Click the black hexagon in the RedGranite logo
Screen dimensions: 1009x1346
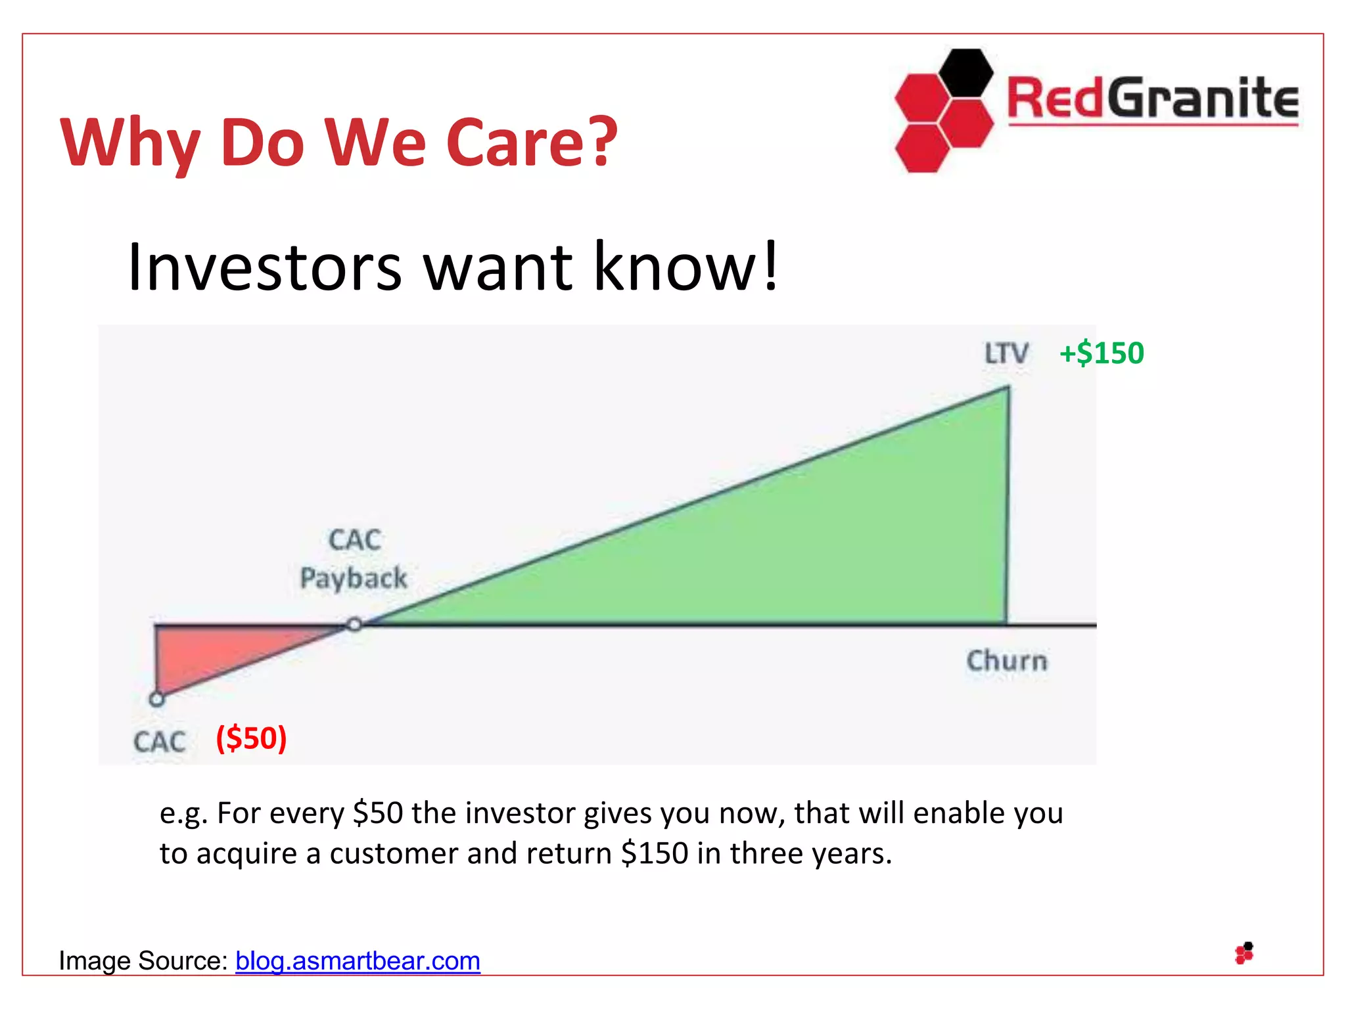pyautogui.click(x=965, y=73)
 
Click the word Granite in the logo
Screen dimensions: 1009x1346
pyautogui.click(x=1202, y=99)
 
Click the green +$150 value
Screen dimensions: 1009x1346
pyautogui.click(x=1102, y=353)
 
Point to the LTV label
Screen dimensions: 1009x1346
pyautogui.click(x=1006, y=353)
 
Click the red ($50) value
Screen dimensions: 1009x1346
pyautogui.click(x=252, y=738)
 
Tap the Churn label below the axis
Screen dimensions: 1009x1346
pyautogui.click(x=1006, y=661)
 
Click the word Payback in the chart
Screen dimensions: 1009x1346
pyautogui.click(x=354, y=579)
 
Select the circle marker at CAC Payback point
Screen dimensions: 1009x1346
pyautogui.click(x=354, y=624)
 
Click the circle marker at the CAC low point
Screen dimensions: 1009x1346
pyautogui.click(x=156, y=699)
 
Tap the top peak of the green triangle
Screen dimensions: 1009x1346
pyautogui.click(x=1007, y=390)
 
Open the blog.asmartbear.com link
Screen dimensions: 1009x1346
pyautogui.click(x=358, y=961)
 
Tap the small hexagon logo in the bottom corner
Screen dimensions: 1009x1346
pyautogui.click(x=1244, y=953)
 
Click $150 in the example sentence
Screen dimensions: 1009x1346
pyautogui.click(x=655, y=853)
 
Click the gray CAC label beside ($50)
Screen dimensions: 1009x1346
pyautogui.click(x=160, y=742)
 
